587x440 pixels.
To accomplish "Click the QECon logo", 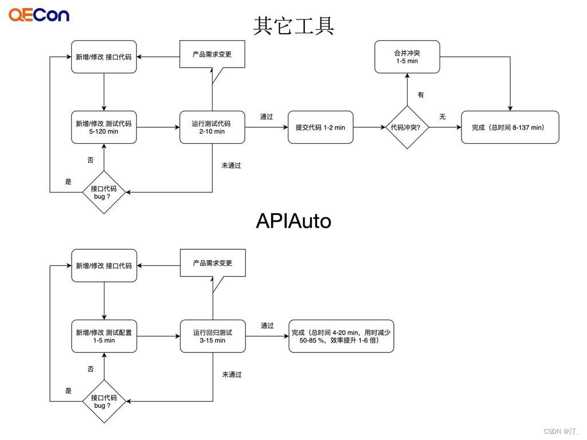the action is pos(39,15).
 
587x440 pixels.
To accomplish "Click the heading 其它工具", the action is pos(293,26).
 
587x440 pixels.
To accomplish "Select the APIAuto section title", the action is pos(293,221).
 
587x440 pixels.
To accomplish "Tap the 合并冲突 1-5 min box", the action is pos(408,57).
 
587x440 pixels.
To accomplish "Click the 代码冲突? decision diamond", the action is pos(408,127).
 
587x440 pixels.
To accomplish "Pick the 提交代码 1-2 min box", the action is pos(320,127).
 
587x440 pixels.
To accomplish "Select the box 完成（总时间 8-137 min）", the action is pos(510,127).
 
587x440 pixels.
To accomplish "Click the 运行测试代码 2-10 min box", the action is pos(212,127).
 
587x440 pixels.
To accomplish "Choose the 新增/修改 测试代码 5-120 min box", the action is pos(104,127).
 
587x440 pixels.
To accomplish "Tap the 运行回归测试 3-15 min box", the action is pos(213,336).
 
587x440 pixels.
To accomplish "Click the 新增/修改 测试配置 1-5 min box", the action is pos(104,336).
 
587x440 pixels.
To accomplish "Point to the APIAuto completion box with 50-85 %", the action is pos(342,336).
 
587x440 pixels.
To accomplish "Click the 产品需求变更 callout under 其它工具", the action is pos(212,54).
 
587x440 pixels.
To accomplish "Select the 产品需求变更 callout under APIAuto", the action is pos(213,264).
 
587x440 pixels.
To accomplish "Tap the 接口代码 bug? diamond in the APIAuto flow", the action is pos(104,402).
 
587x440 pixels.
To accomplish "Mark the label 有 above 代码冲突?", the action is pos(421,95).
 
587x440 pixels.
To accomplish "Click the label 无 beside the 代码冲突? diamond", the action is pos(443,117).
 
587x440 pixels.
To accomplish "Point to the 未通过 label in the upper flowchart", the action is pos(231,166).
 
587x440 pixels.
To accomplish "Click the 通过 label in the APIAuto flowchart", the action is pos(267,325).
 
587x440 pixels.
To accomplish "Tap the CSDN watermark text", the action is pos(561,431).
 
